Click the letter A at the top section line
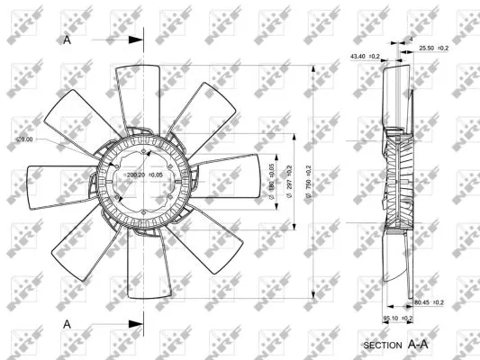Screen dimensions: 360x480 (68, 40)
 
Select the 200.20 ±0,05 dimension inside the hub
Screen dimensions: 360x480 (144, 175)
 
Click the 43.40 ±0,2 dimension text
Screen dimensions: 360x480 (365, 57)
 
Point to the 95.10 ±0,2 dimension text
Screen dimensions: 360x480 (395, 317)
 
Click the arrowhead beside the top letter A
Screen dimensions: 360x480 (136, 40)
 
